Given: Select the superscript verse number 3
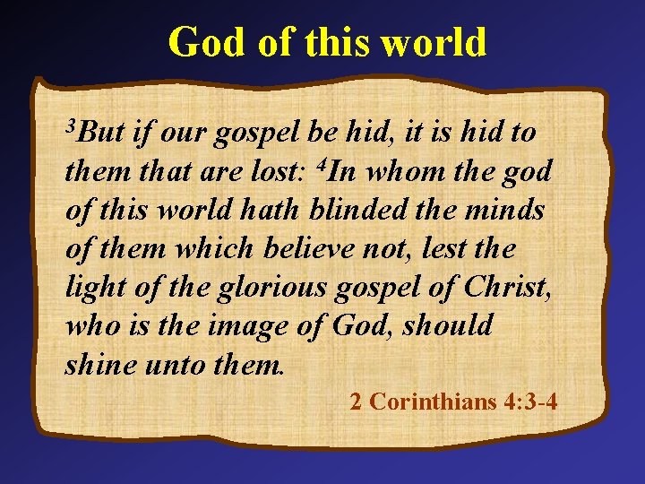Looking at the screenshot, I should [71, 124].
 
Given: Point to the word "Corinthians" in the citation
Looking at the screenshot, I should [426, 401].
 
